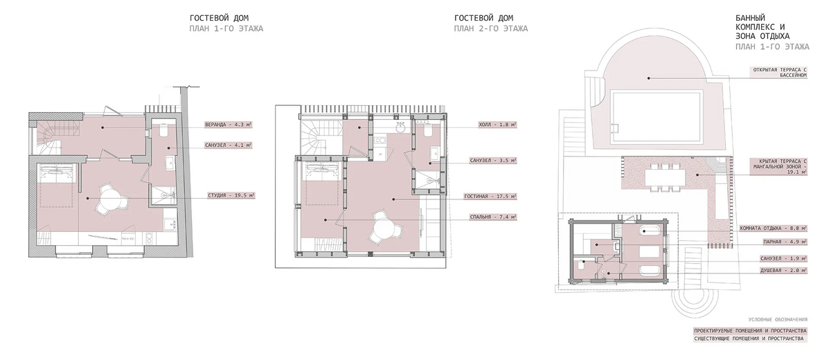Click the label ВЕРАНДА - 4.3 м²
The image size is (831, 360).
[x=228, y=125]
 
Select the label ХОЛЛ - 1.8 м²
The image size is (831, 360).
[x=497, y=125]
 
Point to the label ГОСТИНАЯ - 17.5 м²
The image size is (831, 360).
[x=490, y=197]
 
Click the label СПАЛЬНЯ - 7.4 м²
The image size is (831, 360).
[x=493, y=217]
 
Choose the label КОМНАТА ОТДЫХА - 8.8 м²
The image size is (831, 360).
[x=773, y=228]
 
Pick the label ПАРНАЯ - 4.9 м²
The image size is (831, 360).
[x=785, y=242]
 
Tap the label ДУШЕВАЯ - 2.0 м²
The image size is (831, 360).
[x=783, y=271]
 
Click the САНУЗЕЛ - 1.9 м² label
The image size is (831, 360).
[x=783, y=258]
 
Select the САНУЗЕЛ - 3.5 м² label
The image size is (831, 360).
[x=493, y=161]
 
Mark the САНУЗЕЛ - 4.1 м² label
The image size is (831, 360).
[x=228, y=145]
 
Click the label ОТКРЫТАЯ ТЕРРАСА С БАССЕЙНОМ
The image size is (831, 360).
[x=780, y=72]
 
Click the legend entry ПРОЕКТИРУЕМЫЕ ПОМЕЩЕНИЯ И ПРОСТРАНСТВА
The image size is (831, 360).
[x=750, y=331]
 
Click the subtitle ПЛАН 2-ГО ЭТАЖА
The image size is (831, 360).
[x=491, y=28]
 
